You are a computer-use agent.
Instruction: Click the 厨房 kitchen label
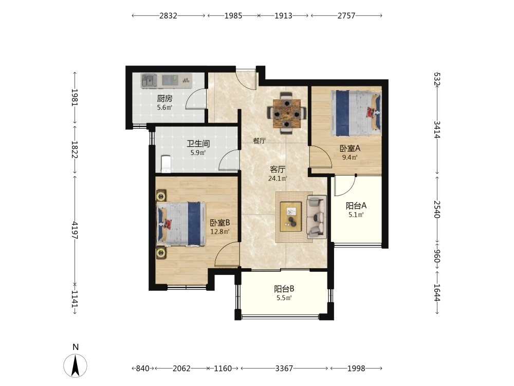coord(164,98)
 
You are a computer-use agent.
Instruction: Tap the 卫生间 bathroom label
coord(198,144)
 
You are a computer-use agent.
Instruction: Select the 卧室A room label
coord(350,148)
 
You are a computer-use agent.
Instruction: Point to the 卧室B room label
coord(219,223)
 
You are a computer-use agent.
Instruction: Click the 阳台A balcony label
coord(356,206)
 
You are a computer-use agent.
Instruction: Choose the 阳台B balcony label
coord(284,289)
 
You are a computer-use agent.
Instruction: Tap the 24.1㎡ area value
coord(278,179)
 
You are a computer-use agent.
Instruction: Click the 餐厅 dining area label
coord(259,141)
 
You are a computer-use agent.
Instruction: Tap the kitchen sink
coord(149,80)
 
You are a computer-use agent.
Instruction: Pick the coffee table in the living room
coord(291,217)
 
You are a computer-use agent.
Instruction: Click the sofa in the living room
coord(316,217)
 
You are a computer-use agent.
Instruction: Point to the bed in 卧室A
coord(356,113)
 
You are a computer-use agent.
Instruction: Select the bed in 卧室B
coord(181,224)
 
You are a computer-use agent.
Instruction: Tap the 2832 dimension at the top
coord(168,15)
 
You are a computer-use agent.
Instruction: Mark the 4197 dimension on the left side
coord(75,230)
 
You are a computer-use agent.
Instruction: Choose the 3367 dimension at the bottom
coord(284,369)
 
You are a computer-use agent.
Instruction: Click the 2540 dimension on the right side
coord(436,209)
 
